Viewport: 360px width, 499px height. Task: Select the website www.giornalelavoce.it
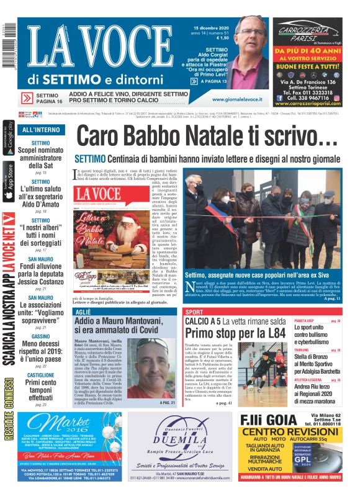coord(238,99)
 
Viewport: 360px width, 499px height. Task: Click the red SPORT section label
coord(194,312)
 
